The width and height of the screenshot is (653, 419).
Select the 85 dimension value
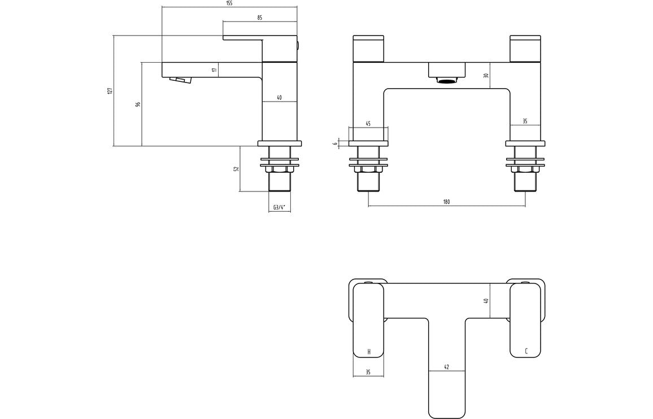259,18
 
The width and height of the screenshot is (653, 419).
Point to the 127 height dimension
110,90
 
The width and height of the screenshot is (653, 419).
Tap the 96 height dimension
138,104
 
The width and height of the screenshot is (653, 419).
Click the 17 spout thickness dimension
214,69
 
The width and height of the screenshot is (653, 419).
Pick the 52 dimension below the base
236,168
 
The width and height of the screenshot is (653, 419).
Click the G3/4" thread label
278,207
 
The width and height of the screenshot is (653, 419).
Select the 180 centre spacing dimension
446,202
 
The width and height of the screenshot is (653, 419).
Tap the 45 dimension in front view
368,124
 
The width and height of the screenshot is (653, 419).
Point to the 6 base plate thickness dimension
336,143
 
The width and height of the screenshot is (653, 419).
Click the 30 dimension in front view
486,75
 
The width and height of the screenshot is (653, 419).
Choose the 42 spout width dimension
446,367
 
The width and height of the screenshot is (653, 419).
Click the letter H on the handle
369,351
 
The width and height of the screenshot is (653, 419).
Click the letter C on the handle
526,351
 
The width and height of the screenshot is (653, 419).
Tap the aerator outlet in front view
447,80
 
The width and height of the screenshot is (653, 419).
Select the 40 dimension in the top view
486,301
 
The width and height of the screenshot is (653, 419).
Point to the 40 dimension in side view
279,98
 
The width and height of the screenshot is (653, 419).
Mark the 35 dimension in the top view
368,372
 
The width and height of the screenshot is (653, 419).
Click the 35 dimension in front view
525,121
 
